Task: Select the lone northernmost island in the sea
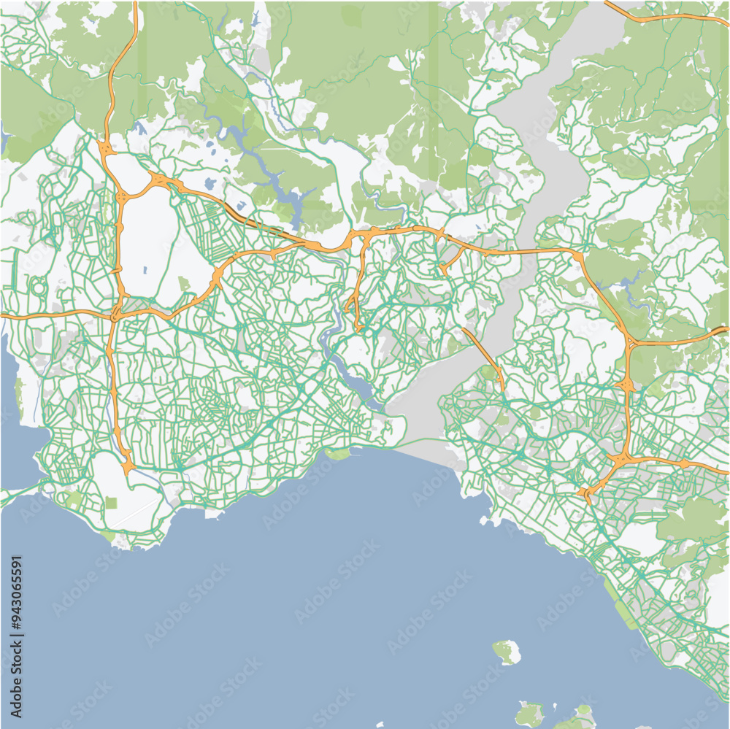(x=506, y=651)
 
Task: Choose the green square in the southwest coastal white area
(x=111, y=503)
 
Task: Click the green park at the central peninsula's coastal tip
(x=338, y=455)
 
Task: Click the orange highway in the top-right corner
(x=664, y=16)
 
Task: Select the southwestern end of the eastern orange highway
(x=588, y=498)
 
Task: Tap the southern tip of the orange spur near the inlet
(x=358, y=326)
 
